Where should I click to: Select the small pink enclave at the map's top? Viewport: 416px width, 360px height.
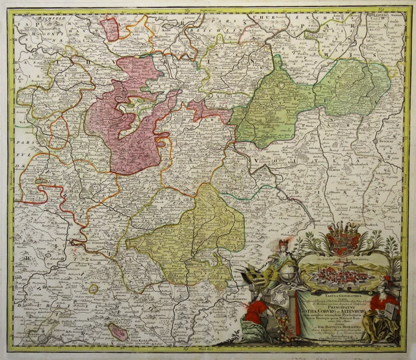click(x=110, y=29)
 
